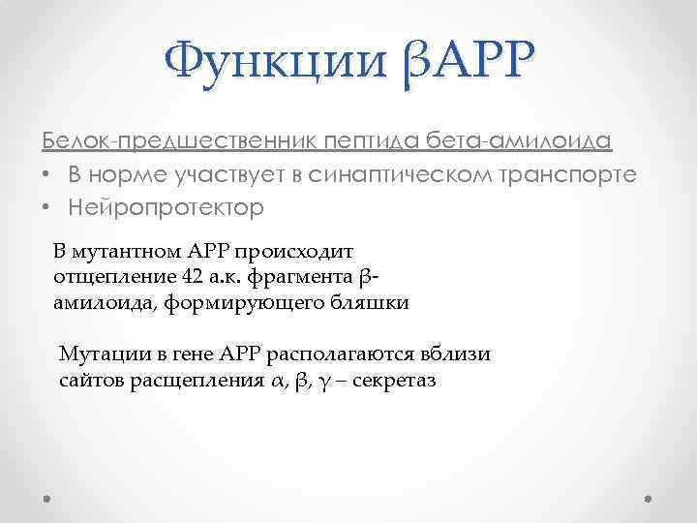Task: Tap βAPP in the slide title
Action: [x=465, y=64]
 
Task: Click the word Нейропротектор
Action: [x=166, y=208]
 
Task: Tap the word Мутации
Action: [x=98, y=354]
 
